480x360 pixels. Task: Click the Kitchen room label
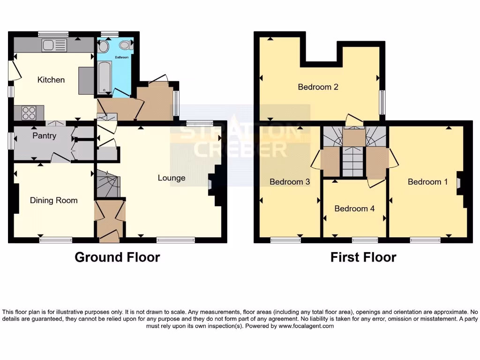click(x=51, y=80)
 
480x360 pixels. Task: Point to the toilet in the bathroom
click(x=125, y=45)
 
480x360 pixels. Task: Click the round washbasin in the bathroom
click(x=104, y=46)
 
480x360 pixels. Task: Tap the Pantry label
click(x=45, y=136)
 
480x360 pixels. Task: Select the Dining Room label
click(x=53, y=201)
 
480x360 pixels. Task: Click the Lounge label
click(x=172, y=178)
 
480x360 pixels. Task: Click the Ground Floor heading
click(x=117, y=257)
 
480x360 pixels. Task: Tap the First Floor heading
click(x=363, y=257)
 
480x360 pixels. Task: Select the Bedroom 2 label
click(x=318, y=87)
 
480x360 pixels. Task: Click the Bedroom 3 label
click(x=290, y=182)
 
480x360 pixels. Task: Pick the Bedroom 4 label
click(x=354, y=209)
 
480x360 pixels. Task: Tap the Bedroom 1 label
click(x=425, y=182)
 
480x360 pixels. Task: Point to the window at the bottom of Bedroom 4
click(x=365, y=240)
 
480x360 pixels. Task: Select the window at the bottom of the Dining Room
click(x=56, y=240)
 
